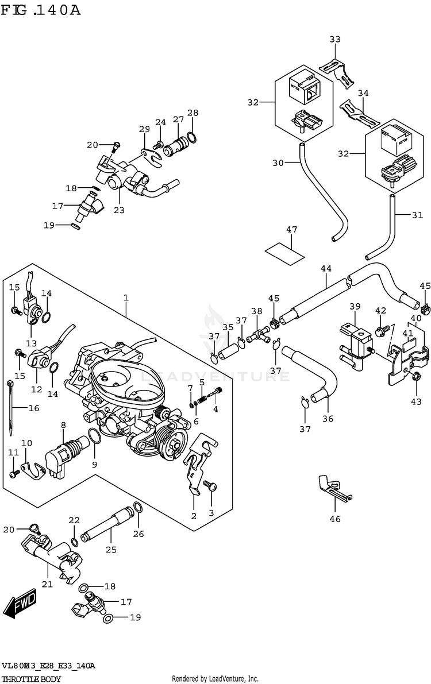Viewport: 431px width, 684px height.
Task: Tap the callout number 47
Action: (291, 230)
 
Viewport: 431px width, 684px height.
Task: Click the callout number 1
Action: (125, 297)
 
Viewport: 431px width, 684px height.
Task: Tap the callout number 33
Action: (334, 39)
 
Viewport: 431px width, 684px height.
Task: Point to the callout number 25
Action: (110, 550)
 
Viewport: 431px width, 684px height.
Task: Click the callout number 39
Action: (355, 307)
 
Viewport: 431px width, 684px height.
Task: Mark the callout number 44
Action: (326, 268)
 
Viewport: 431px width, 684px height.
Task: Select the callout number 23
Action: (118, 210)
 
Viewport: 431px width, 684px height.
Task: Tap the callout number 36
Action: (328, 419)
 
